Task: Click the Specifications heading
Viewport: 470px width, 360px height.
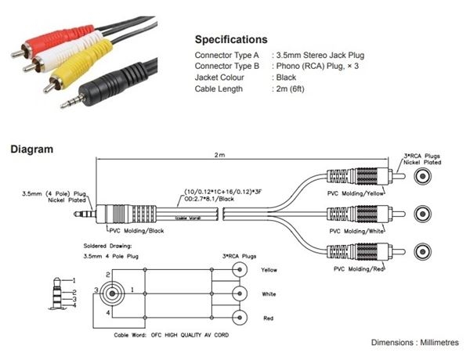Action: coord(230,39)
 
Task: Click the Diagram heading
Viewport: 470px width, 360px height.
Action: coord(31,148)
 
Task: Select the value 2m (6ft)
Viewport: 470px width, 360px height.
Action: coord(295,89)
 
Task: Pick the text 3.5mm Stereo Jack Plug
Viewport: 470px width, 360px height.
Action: coord(320,56)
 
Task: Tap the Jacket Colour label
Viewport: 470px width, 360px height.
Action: coord(221,78)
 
